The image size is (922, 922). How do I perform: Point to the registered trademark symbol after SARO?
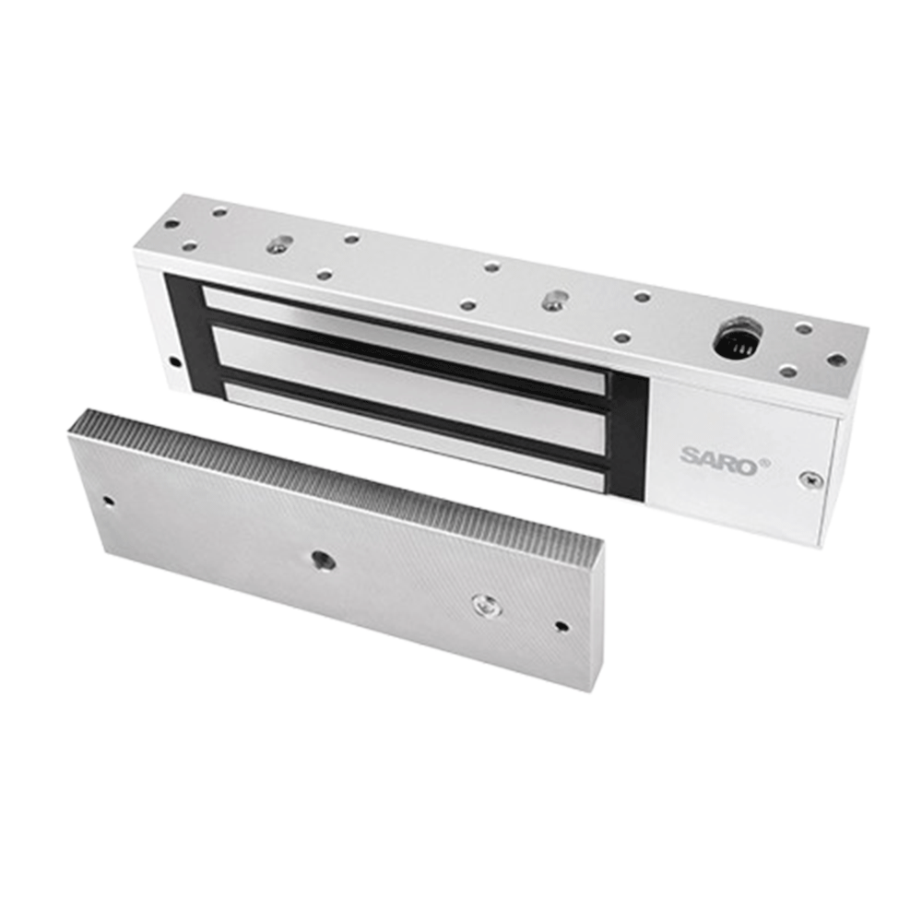point(765,464)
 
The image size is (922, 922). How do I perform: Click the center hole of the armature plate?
point(324,560)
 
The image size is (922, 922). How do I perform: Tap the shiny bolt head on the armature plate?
point(487,605)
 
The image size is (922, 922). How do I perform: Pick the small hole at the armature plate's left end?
point(109,502)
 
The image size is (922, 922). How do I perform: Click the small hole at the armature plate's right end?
point(561,626)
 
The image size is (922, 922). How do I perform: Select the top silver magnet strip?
point(404,339)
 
